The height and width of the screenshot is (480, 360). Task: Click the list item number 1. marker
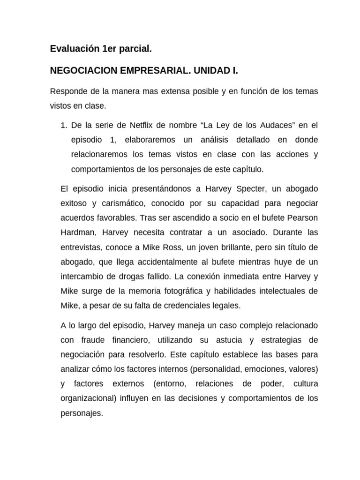click(x=65, y=125)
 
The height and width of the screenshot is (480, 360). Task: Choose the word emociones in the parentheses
click(x=256, y=368)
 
